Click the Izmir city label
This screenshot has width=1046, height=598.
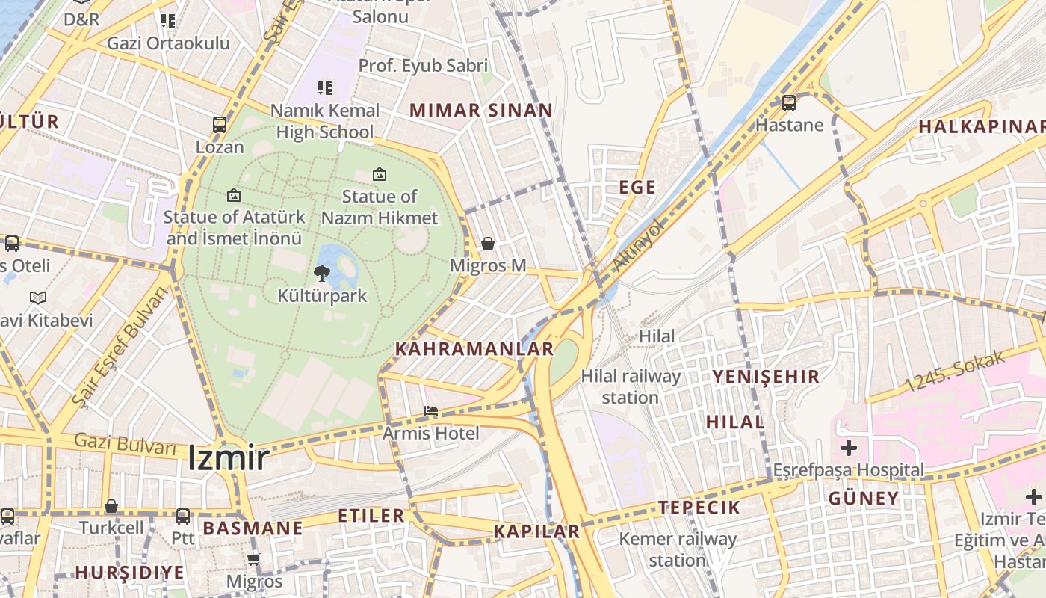228,457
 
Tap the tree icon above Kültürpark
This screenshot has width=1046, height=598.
322,274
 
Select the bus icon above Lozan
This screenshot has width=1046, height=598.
220,125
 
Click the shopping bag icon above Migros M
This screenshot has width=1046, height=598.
488,244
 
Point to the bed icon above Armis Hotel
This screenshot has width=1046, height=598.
431,411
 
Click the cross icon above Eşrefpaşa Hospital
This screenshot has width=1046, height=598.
849,449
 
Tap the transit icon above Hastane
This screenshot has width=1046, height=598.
789,103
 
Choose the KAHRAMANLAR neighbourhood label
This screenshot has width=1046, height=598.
474,349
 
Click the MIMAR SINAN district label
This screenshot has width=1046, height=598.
481,111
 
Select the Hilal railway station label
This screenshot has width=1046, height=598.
631,386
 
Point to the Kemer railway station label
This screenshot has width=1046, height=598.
678,549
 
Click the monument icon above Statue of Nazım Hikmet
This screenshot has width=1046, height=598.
380,175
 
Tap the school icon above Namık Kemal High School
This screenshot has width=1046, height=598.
325,88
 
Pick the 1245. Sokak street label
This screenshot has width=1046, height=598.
956,372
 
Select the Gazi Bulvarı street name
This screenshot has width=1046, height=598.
126,444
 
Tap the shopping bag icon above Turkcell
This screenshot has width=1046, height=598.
111,507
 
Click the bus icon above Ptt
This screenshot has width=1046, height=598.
183,516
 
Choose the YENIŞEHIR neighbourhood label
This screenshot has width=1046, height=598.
766,376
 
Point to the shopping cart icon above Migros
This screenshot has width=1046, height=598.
254,559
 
